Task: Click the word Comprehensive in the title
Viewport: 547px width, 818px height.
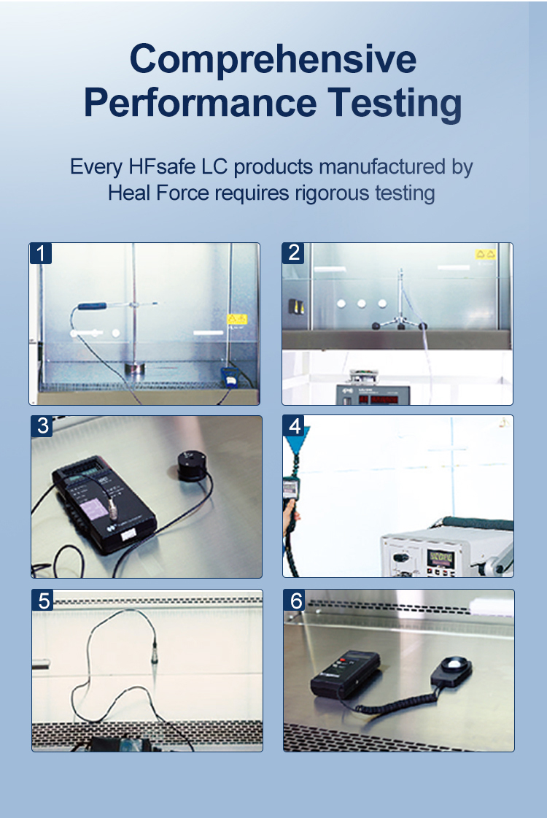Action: (273, 60)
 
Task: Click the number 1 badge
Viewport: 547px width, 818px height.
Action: (42, 253)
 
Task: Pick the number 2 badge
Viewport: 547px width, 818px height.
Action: (294, 253)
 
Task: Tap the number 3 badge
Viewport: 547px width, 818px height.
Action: (42, 426)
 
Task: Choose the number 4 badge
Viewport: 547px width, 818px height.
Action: (295, 426)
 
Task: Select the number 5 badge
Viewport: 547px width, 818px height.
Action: (43, 601)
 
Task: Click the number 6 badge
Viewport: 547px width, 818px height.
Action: (295, 601)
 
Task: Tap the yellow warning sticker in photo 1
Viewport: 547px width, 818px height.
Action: (236, 319)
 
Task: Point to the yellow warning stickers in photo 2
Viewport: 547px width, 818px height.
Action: (485, 254)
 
